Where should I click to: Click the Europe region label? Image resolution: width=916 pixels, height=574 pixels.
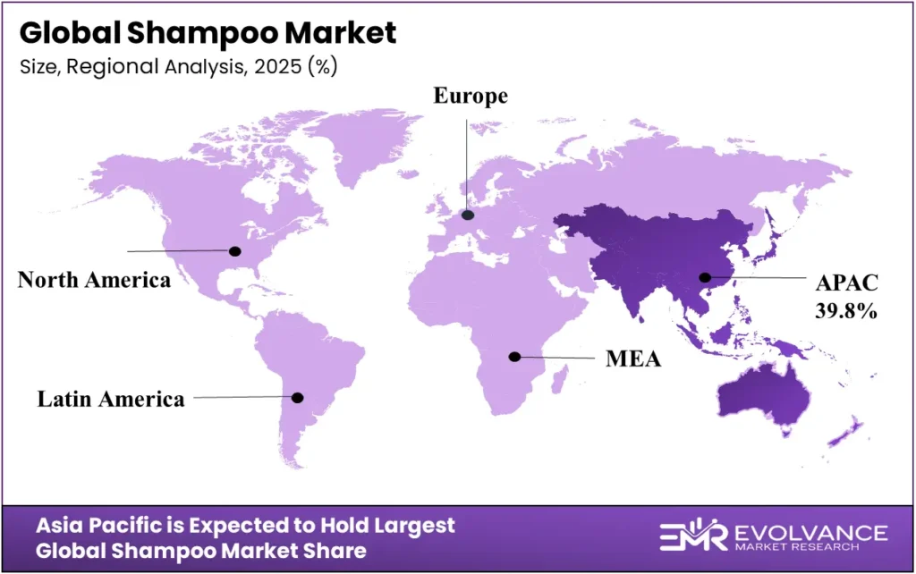(x=471, y=97)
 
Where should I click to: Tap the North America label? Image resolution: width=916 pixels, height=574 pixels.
(x=94, y=280)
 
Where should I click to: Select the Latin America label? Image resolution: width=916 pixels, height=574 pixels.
(x=111, y=399)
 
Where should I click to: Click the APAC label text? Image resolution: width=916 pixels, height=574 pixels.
(x=847, y=283)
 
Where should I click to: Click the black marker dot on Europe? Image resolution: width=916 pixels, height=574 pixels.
(x=467, y=215)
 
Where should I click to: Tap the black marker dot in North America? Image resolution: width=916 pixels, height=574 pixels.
(x=236, y=251)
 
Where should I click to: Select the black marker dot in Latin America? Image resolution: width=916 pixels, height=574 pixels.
(x=298, y=397)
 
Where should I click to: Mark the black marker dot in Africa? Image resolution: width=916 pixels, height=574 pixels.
(x=514, y=357)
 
